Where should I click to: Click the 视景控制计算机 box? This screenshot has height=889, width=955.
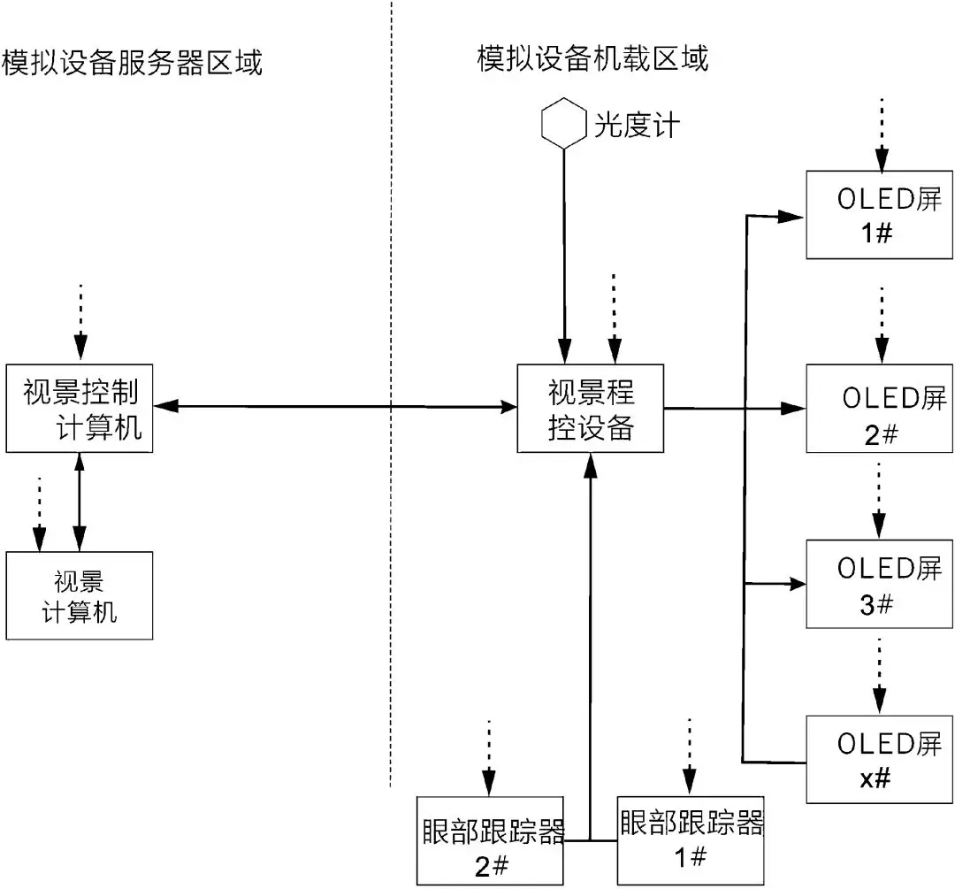[80, 407]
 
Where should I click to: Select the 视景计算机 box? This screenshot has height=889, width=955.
[80, 594]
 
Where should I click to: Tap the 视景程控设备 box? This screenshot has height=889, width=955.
[591, 408]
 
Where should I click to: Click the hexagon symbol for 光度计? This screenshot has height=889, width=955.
[563, 124]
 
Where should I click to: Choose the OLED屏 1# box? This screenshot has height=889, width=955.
[881, 215]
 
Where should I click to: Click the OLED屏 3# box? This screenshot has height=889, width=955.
[881, 585]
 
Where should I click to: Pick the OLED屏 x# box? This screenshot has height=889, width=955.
[881, 759]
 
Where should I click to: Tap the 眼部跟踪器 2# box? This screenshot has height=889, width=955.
[490, 839]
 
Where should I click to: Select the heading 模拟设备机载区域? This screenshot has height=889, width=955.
[592, 59]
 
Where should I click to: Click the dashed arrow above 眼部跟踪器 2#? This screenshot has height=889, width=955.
[489, 757]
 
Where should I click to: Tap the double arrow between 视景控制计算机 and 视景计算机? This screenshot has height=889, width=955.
[80, 501]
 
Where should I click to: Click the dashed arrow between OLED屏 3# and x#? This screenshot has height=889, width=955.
[879, 673]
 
